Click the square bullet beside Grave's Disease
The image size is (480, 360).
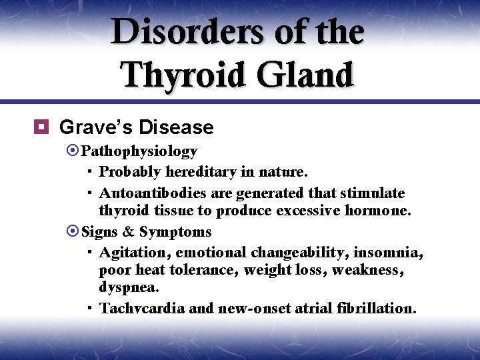[45, 127]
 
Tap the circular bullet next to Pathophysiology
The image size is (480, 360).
[73, 151]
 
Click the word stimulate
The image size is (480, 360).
[373, 193]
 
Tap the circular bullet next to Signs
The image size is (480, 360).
[73, 232]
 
